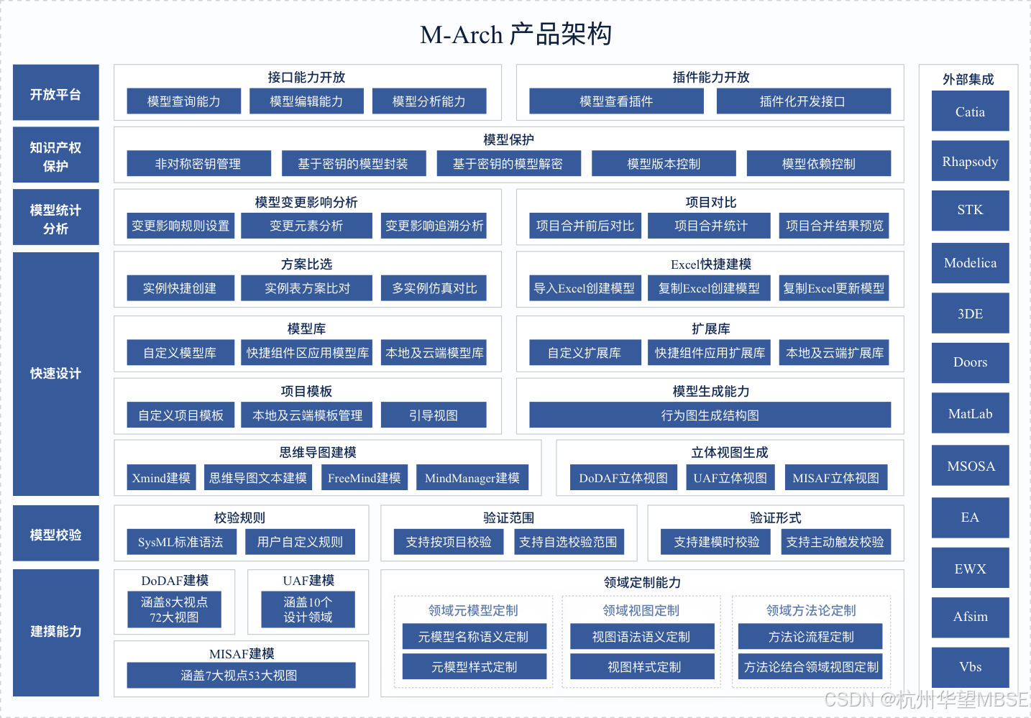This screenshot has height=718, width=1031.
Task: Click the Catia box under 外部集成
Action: (970, 111)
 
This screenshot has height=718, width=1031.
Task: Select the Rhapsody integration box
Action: (970, 161)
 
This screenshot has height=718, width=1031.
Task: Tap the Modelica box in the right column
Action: (970, 262)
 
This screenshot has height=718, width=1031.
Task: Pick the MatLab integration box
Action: (970, 413)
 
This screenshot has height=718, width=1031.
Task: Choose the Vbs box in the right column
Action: (970, 666)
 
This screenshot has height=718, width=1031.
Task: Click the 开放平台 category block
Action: (55, 93)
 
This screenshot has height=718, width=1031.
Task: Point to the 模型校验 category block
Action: (55, 534)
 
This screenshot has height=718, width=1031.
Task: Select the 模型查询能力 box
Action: (183, 101)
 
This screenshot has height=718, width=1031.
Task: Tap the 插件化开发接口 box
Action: (803, 101)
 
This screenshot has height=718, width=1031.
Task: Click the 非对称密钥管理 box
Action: (198, 164)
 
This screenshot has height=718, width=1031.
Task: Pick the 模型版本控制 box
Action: (663, 164)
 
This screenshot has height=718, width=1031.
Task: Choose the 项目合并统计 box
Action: (710, 226)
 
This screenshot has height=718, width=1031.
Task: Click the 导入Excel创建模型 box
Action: (584, 288)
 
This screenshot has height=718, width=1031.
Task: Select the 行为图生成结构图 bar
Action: (710, 415)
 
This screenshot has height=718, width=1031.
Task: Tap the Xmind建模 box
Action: (161, 478)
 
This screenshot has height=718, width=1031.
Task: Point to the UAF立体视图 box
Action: (730, 478)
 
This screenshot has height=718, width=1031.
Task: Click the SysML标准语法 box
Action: (180, 542)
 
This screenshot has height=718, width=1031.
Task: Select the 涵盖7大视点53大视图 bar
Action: (240, 675)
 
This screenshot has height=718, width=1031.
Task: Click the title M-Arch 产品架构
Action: (515, 34)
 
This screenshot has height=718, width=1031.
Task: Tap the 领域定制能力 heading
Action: (642, 582)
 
